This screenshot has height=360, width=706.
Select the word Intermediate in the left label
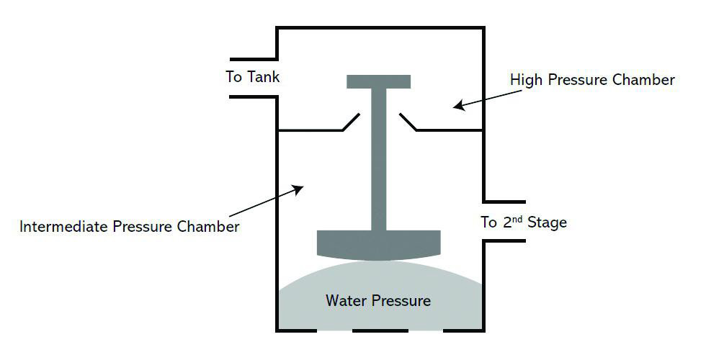coord(63,226)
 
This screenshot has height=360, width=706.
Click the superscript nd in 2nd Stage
coord(517,218)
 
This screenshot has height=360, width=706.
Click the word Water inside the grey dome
coord(345,300)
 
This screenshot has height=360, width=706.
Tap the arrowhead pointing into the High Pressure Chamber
coord(460,106)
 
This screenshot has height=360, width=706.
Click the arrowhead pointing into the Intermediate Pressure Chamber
coord(298,189)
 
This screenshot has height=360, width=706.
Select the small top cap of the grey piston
coord(379,81)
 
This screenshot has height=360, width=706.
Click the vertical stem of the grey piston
coord(379,159)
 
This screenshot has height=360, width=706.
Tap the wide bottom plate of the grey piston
coord(379,246)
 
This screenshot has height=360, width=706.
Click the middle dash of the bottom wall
coord(380,330)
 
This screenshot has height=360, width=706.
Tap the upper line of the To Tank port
coord(253,59)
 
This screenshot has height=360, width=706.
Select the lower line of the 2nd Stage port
coord(505,240)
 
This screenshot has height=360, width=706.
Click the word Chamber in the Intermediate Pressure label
coord(207,226)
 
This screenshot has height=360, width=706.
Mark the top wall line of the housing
coord(380,28)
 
